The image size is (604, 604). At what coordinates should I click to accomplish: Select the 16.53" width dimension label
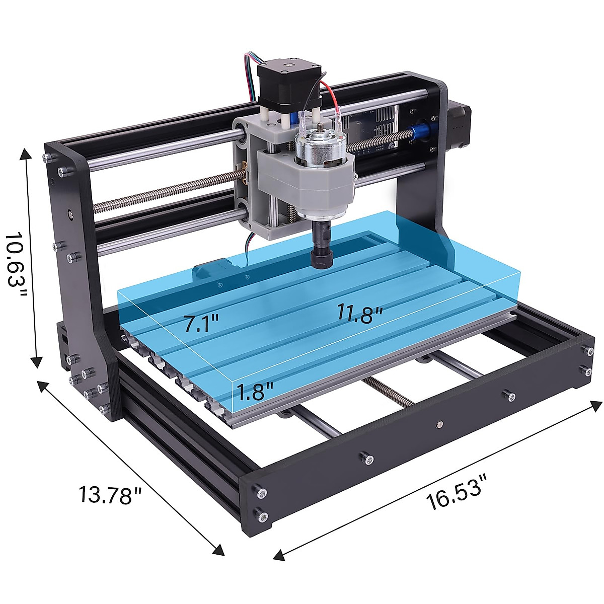point(458,492)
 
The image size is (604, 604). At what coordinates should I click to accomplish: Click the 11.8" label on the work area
point(361,315)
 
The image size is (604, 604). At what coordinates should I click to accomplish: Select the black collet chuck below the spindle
point(321,247)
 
